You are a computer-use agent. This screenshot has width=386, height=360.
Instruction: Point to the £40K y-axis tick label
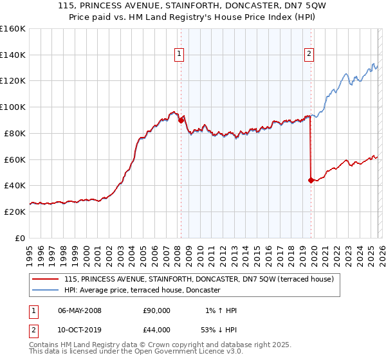(x=14, y=185)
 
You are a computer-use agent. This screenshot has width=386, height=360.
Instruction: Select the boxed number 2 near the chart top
(x=309, y=55)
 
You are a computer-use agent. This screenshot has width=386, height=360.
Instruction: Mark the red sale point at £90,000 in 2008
(x=181, y=120)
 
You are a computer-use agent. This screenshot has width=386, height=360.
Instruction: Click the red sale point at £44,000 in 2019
(x=311, y=180)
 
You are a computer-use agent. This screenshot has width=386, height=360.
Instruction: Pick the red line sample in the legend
(x=46, y=279)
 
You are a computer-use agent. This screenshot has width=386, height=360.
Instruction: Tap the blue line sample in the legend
(x=46, y=291)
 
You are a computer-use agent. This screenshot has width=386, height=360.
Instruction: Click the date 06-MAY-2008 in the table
(x=79, y=310)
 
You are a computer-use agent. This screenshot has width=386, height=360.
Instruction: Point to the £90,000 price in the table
(x=156, y=310)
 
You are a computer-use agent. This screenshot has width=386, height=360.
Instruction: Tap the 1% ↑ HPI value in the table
(x=219, y=310)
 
